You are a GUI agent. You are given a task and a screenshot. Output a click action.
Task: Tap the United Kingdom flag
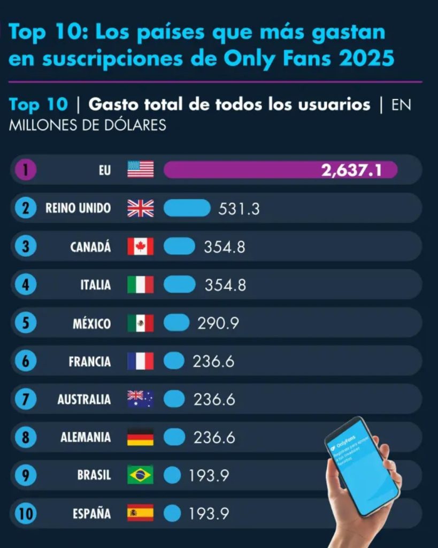(x=140, y=208)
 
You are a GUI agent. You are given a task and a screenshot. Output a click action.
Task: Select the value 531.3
(x=239, y=209)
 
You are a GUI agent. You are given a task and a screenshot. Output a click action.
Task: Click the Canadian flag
(x=140, y=246)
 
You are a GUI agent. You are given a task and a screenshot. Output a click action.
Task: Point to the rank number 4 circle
(x=26, y=285)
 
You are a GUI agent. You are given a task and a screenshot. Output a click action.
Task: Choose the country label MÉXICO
(x=92, y=324)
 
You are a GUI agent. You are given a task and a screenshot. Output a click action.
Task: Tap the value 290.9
(x=218, y=323)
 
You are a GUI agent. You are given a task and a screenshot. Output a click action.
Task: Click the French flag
(x=140, y=361)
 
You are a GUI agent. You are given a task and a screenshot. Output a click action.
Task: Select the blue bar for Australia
(x=174, y=399)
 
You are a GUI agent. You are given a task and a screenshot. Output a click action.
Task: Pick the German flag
(x=140, y=437)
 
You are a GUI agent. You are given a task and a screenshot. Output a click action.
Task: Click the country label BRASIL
(x=94, y=475)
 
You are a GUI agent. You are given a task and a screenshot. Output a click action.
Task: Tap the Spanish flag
(x=140, y=513)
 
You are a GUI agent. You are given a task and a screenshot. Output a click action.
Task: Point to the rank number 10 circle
(x=26, y=513)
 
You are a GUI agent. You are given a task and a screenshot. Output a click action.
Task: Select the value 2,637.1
(x=351, y=170)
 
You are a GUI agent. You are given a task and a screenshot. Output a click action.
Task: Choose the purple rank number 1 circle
(x=26, y=170)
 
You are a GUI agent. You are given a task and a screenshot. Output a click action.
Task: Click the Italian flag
(x=140, y=284)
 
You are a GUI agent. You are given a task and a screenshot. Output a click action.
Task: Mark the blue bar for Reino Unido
(x=187, y=208)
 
